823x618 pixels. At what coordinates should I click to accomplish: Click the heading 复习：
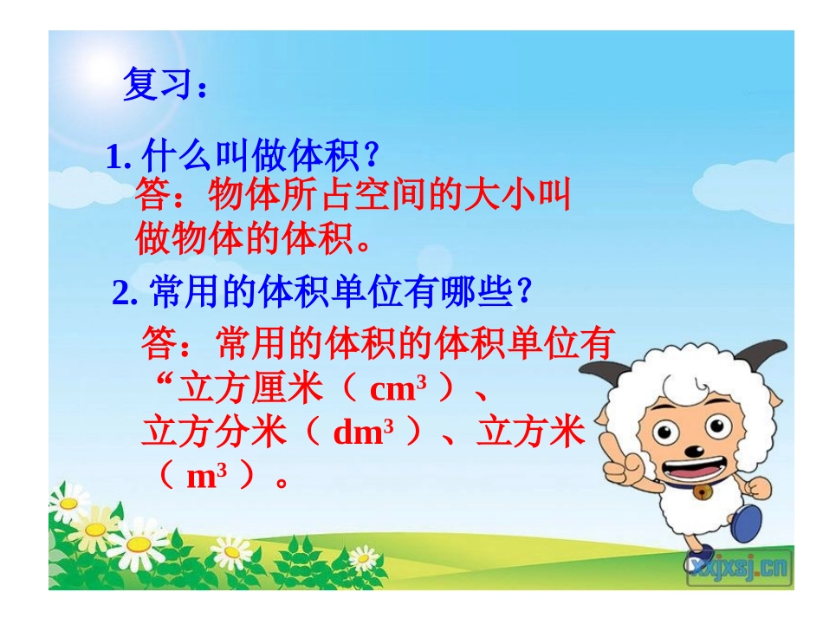165,85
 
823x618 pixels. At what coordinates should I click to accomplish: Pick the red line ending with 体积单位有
378,343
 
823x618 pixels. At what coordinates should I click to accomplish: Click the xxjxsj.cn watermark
739,568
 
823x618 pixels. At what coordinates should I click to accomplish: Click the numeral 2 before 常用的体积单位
121,294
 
